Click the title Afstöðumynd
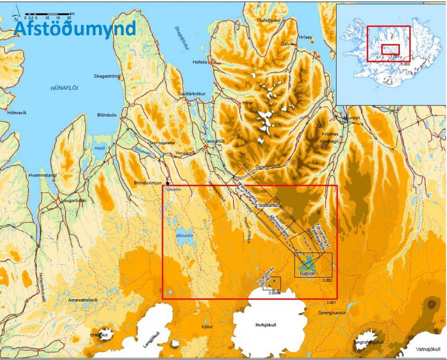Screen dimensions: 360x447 tap(74, 28)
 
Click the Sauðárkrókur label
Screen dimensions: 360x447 tap(192, 94)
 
